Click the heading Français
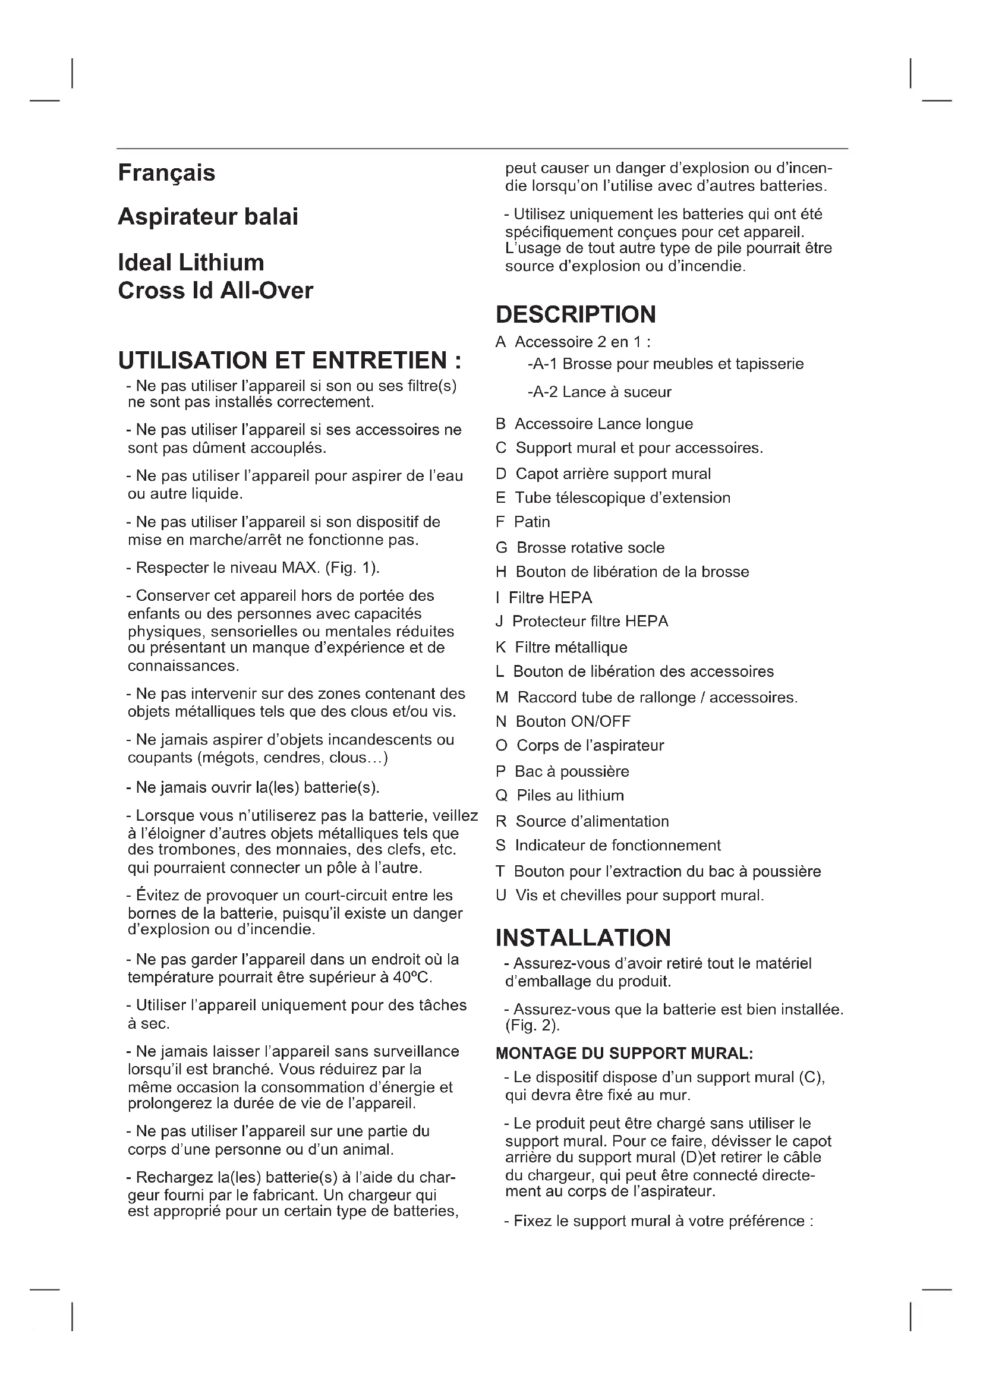coord(166,173)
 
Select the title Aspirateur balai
coord(207,217)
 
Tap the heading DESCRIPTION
coord(576,315)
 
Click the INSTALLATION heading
coord(583,938)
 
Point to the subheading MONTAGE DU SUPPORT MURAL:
coord(624,1054)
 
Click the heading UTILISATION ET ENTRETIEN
coord(289,361)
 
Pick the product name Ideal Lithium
coord(191,263)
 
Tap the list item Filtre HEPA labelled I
coord(550,598)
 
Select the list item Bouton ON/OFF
coord(572,721)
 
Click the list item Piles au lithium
coord(569,796)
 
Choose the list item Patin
coord(531,522)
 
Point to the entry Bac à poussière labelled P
coord(571,771)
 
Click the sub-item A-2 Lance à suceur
coord(599,392)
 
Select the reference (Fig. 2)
coord(533,1026)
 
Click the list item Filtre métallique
coord(571,648)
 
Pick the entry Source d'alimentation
coord(592,821)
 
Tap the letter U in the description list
coord(500,896)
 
